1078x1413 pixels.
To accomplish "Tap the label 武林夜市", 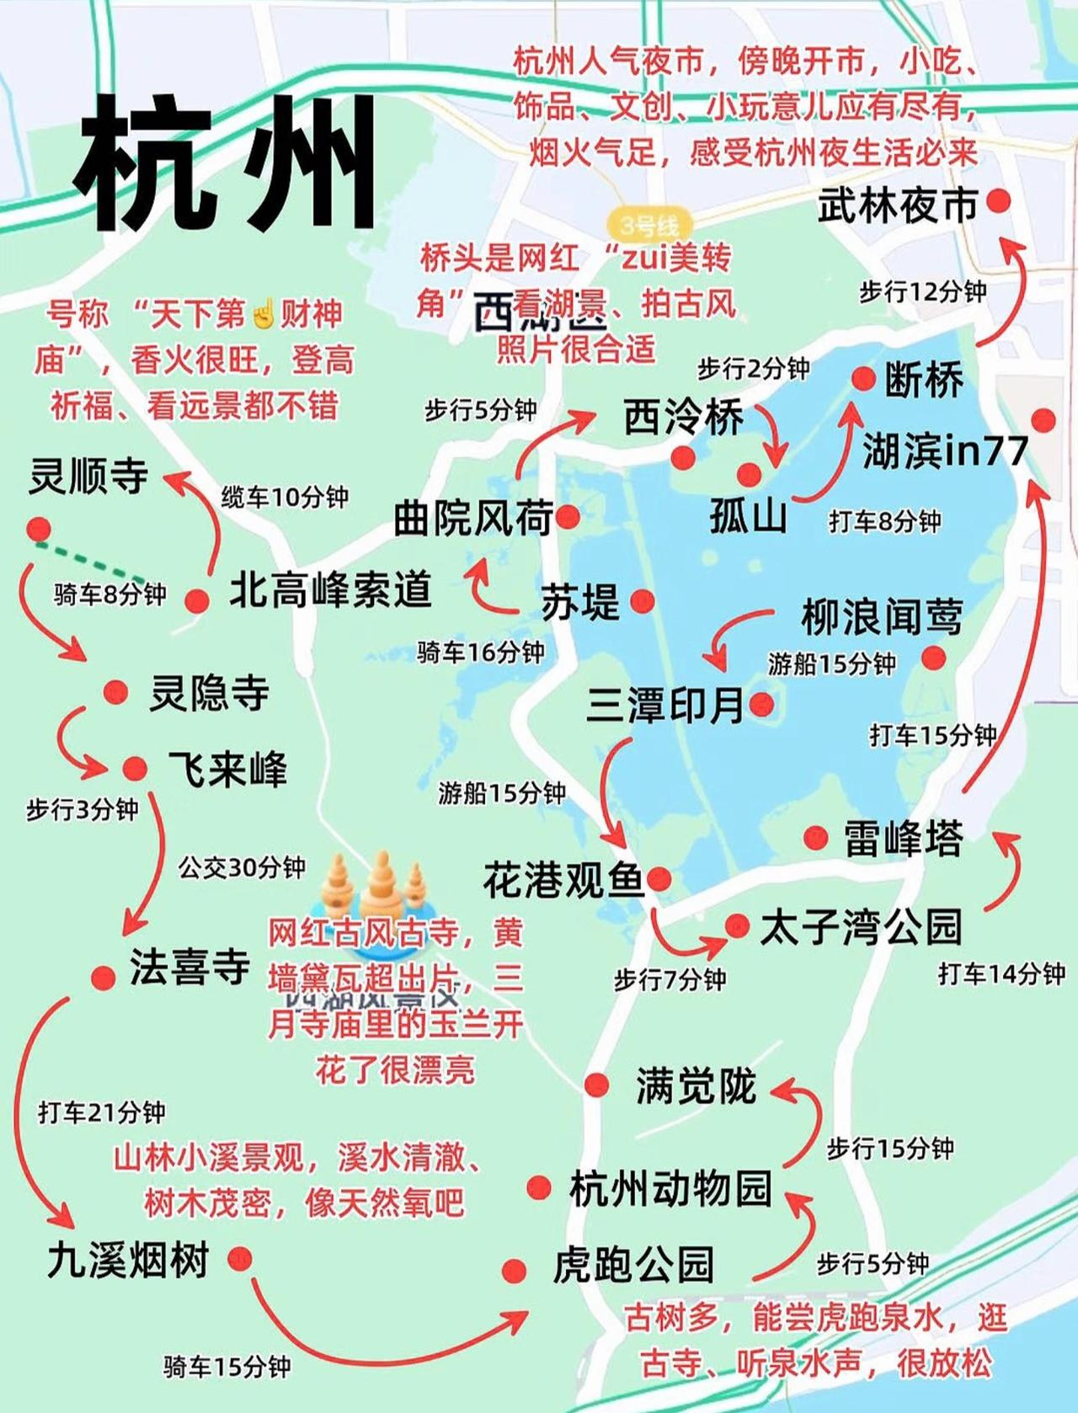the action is [x=897, y=205].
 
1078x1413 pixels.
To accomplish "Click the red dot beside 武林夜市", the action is [x=999, y=200].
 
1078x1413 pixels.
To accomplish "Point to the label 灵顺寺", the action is [x=88, y=476].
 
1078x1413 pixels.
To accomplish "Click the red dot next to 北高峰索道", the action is [x=197, y=600].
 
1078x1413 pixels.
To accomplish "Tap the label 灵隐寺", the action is [x=209, y=693].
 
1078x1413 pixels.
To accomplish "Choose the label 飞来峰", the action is [x=227, y=769].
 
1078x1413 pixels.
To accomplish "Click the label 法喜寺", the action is [x=189, y=966].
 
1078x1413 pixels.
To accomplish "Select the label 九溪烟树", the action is [x=128, y=1261].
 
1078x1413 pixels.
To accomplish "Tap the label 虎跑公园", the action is [x=633, y=1265].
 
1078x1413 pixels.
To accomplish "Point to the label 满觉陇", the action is [x=696, y=1085].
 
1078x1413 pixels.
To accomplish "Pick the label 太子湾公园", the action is [x=860, y=926].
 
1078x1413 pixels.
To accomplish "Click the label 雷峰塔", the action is [x=903, y=838].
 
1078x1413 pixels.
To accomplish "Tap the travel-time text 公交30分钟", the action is [x=242, y=866].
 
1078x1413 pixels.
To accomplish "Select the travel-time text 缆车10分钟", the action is [x=285, y=497].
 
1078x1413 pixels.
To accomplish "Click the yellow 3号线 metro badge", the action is [x=648, y=225].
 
